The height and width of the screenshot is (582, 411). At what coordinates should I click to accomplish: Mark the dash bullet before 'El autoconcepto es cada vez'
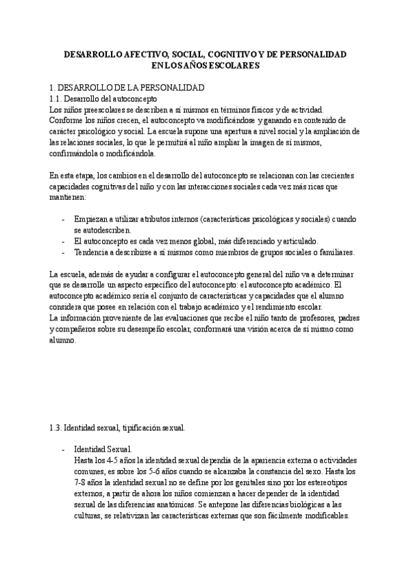pyautogui.click(x=63, y=242)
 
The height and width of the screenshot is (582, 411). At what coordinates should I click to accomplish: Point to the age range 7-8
pyautogui.click(x=81, y=482)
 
